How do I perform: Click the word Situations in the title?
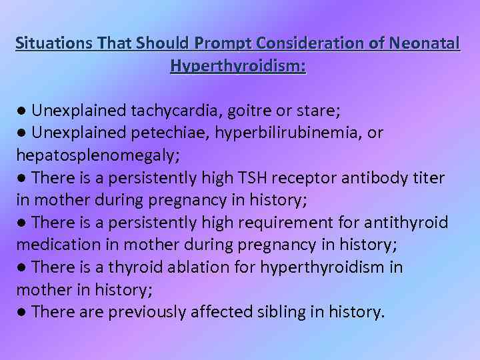[x=53, y=44]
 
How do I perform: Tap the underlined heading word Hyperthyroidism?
[x=238, y=66]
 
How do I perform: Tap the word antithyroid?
[x=407, y=222]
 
